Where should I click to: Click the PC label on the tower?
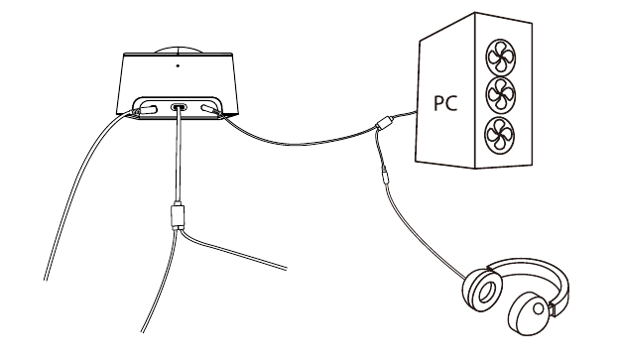point(445,102)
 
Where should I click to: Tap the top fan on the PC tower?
point(500,57)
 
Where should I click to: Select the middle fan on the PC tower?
point(501,95)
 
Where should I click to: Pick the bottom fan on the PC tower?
point(500,135)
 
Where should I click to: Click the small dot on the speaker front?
point(178,65)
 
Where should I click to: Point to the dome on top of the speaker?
point(178,51)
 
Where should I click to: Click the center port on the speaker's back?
point(179,107)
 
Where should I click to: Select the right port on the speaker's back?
point(208,108)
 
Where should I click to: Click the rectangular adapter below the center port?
point(178,216)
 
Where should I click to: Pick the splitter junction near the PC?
point(383,123)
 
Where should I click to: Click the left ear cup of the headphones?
point(482,290)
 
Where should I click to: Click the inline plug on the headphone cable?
point(385,177)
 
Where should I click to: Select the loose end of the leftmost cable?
point(46,280)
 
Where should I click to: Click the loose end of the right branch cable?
point(286,269)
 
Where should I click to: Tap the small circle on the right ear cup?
point(538,308)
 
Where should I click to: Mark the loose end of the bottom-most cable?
point(143,331)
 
